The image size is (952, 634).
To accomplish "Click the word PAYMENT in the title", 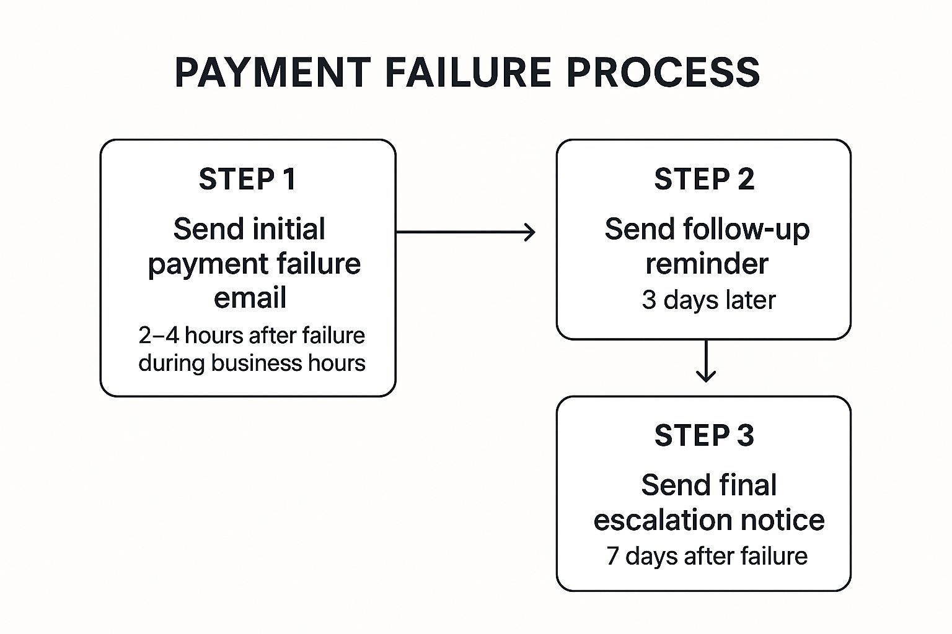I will coord(273,72).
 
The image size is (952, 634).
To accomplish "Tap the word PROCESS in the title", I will coord(663,72).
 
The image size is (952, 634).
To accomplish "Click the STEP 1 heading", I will coord(247,180).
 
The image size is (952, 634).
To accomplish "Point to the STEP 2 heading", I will coord(704,180).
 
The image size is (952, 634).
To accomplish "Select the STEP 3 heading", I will coord(704,436).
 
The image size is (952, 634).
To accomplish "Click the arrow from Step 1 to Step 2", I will coord(465,232).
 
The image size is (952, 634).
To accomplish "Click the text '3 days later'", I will coord(708,300).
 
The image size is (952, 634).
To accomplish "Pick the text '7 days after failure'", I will coord(707,556).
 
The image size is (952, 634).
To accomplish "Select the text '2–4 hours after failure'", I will coord(252,336).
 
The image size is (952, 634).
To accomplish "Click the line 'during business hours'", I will coord(252,363).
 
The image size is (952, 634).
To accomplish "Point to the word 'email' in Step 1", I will coord(250,298).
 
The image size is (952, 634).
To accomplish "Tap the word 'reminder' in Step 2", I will coord(707,264).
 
